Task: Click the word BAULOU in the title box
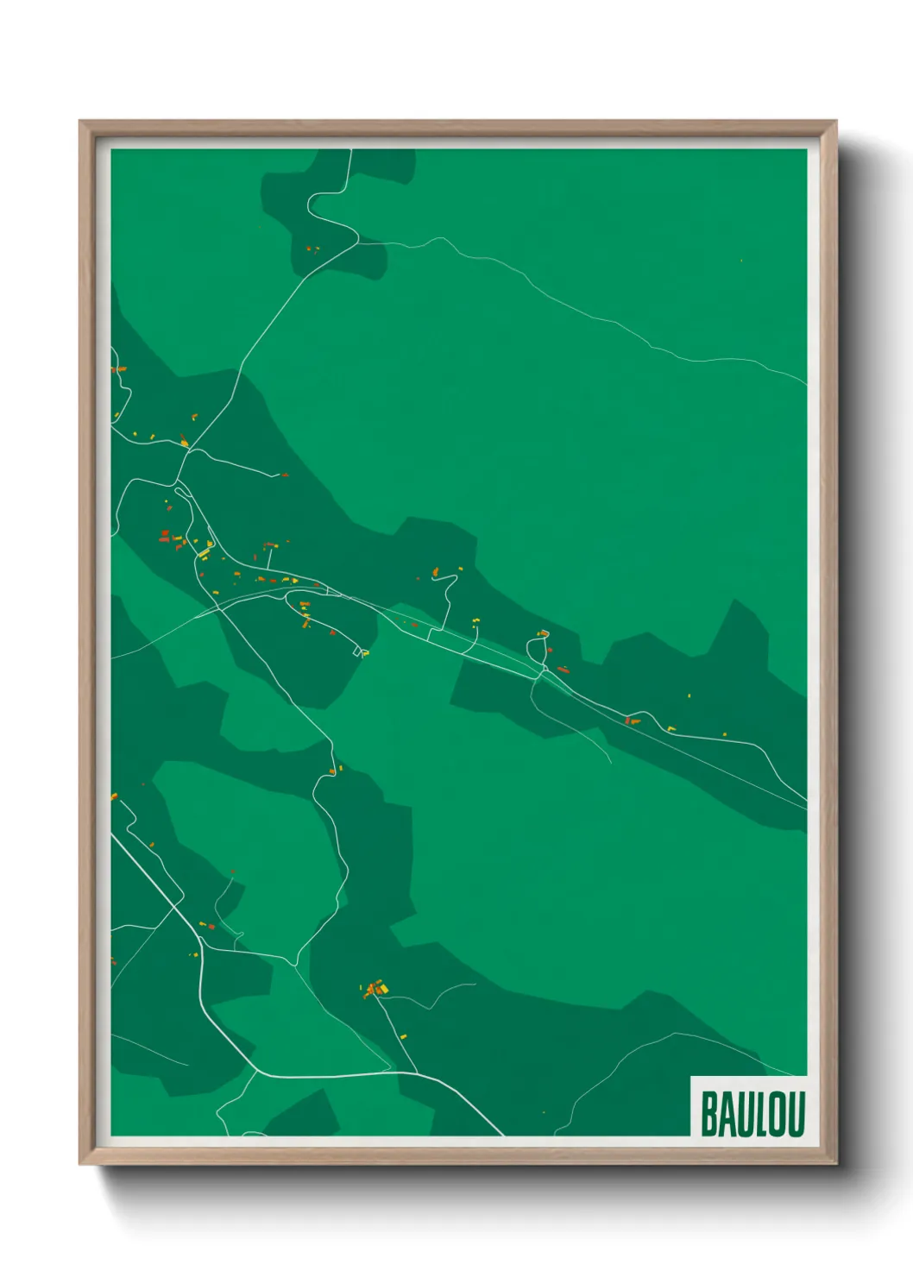point(752,1114)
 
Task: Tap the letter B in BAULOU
point(708,1114)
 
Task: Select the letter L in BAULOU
point(759,1114)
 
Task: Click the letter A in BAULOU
point(726,1114)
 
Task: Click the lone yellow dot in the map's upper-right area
point(741,260)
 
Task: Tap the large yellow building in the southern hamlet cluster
point(383,989)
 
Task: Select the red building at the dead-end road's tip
point(284,475)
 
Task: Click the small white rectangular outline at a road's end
point(362,652)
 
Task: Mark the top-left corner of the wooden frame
point(80,121)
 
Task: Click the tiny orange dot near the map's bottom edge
point(544,1112)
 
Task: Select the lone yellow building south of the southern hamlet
point(403,1036)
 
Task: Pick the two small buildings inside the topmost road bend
point(312,249)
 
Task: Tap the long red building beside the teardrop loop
point(564,669)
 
